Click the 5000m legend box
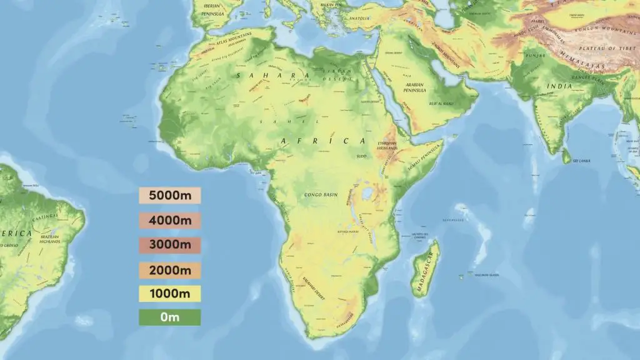tap(169, 196)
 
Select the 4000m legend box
tap(169, 221)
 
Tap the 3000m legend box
tap(169, 246)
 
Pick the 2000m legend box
tap(169, 270)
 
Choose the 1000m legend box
tap(169, 294)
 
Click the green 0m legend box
tap(169, 317)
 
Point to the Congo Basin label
tap(321, 195)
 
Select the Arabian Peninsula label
tap(414, 87)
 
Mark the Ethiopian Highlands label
tap(387, 145)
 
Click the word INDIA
tap(559, 86)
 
